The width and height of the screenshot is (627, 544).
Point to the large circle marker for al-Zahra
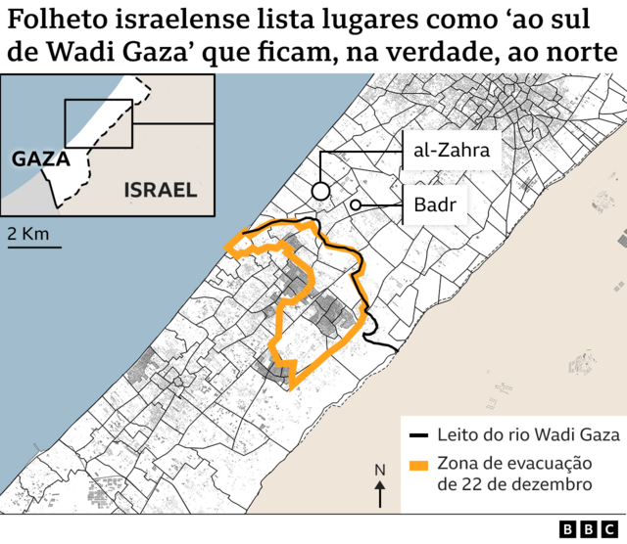pos(319,191)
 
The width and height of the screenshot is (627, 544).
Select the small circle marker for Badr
pos(356,204)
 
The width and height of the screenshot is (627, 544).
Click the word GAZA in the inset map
pos(39,158)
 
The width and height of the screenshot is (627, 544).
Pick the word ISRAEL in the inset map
pos(160,190)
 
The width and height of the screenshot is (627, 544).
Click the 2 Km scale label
pos(27,233)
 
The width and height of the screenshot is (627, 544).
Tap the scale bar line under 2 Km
pos(34,247)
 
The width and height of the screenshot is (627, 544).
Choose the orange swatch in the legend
pos(419,466)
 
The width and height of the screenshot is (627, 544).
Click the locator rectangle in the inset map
pos(98,123)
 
